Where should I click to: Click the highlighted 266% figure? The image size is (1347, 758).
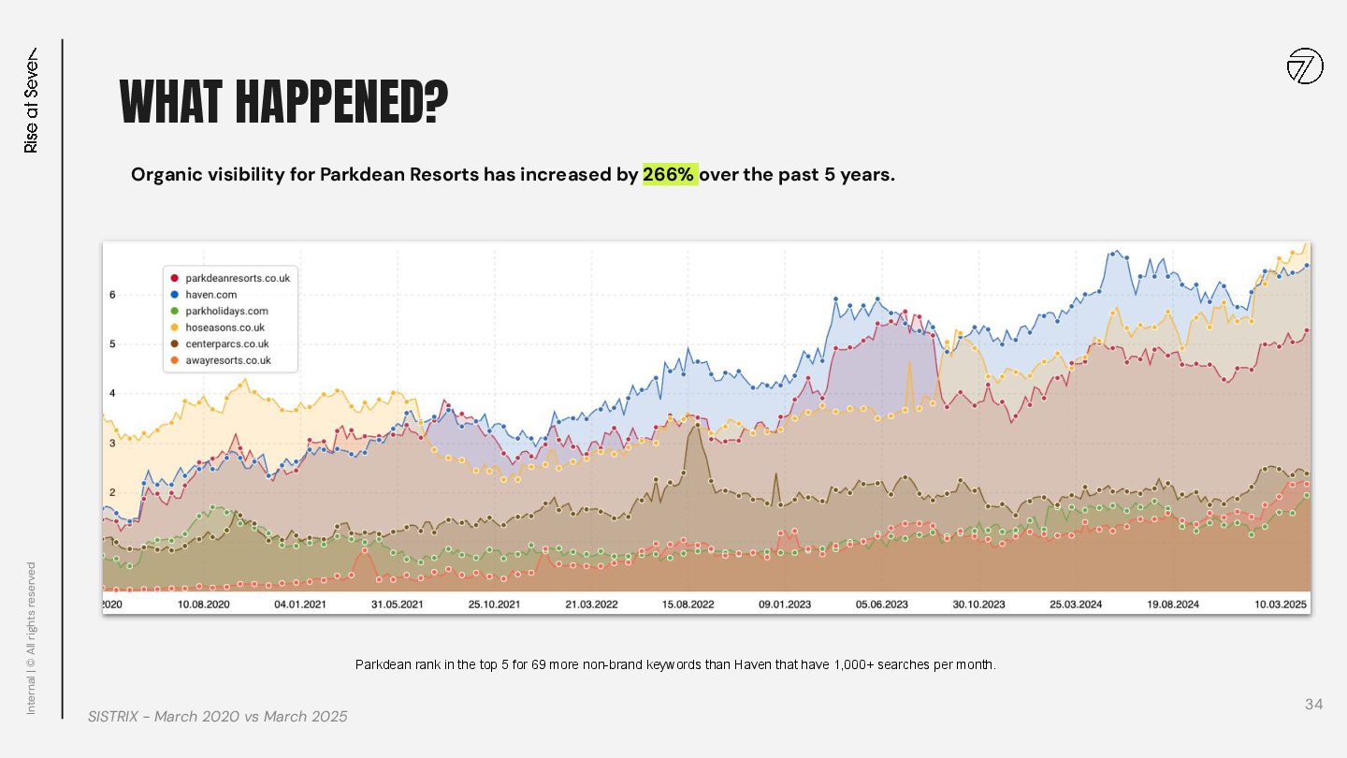pyautogui.click(x=670, y=175)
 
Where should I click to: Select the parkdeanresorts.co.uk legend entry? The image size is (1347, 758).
pyautogui.click(x=238, y=278)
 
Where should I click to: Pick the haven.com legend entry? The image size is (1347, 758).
pyautogui.click(x=211, y=295)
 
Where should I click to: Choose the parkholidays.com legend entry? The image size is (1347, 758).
pyautogui.click(x=226, y=311)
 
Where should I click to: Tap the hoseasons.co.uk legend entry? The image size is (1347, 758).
pyautogui.click(x=224, y=328)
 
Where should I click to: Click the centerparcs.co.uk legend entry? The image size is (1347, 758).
pyautogui.click(x=227, y=343)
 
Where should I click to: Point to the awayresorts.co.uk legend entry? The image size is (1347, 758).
pyautogui.click(x=228, y=360)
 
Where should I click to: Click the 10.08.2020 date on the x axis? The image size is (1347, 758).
pyautogui.click(x=203, y=605)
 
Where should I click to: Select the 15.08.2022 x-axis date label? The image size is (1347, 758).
pyautogui.click(x=688, y=605)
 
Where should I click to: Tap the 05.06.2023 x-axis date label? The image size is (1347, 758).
pyautogui.click(x=882, y=605)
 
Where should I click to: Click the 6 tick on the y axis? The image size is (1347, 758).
pyautogui.click(x=112, y=295)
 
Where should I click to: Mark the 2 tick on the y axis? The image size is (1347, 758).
pyautogui.click(x=112, y=492)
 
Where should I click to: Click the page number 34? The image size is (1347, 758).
pyautogui.click(x=1313, y=704)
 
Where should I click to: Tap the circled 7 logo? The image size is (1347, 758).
pyautogui.click(x=1305, y=66)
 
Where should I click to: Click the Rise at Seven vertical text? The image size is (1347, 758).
pyautogui.click(x=32, y=100)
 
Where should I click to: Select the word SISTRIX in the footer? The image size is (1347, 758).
pyautogui.click(x=115, y=716)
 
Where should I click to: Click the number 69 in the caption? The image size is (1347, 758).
pyautogui.click(x=539, y=665)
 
